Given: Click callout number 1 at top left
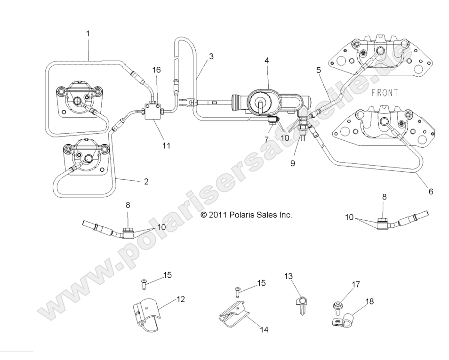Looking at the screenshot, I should pos(88,33).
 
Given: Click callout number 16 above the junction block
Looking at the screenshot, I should pos(156,70).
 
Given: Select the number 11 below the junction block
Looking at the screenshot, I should pos(166,145).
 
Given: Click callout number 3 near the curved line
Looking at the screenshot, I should pos(211,56).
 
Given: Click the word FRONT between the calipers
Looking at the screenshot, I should pos(384,93).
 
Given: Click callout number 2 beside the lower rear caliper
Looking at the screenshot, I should pos(146,181).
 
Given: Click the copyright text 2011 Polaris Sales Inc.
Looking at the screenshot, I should pos(246,215).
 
